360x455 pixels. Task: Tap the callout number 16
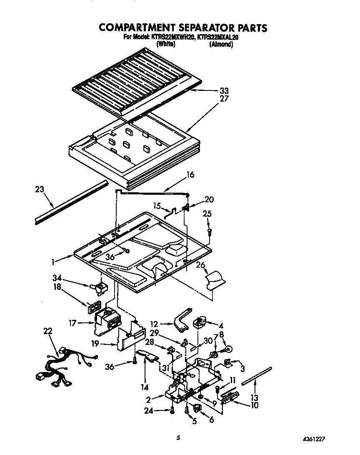[x=190, y=175]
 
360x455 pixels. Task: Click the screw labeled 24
[x=171, y=411]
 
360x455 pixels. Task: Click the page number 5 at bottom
[x=178, y=437]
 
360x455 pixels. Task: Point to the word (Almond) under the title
[x=220, y=44]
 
